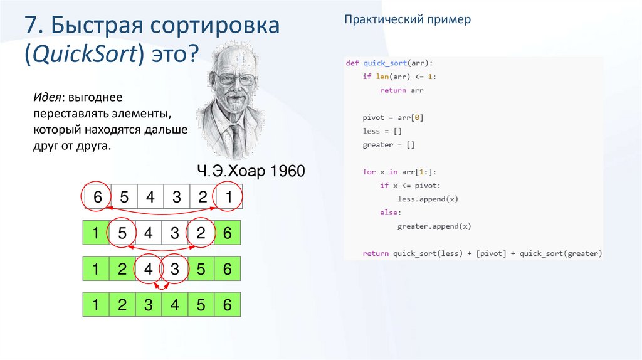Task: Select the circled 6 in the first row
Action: [97, 198]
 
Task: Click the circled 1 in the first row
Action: [229, 198]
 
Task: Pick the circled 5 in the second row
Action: [122, 233]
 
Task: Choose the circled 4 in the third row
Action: [149, 269]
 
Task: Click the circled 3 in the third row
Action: [176, 269]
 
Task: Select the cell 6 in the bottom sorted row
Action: [228, 305]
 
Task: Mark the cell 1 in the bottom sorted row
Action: [96, 305]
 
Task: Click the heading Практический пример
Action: [407, 20]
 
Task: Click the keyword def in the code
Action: [352, 63]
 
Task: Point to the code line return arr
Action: [401, 90]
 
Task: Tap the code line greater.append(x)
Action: [434, 226]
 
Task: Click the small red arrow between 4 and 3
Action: [162, 287]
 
